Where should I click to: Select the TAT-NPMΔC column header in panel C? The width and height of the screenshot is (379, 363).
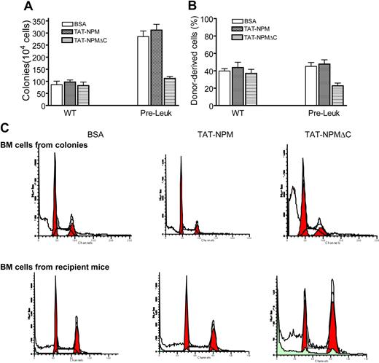pyautogui.click(x=321, y=134)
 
